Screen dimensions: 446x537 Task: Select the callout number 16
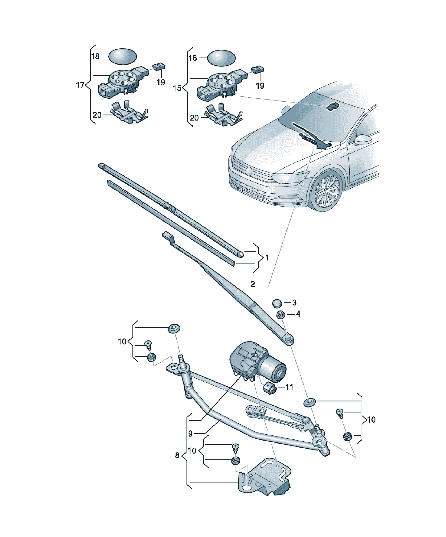(193, 58)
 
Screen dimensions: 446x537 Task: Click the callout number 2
(252, 284)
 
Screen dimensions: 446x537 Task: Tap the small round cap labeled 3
(277, 303)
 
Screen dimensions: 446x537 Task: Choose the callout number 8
(177, 455)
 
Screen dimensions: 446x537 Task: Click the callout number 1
(267, 257)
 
